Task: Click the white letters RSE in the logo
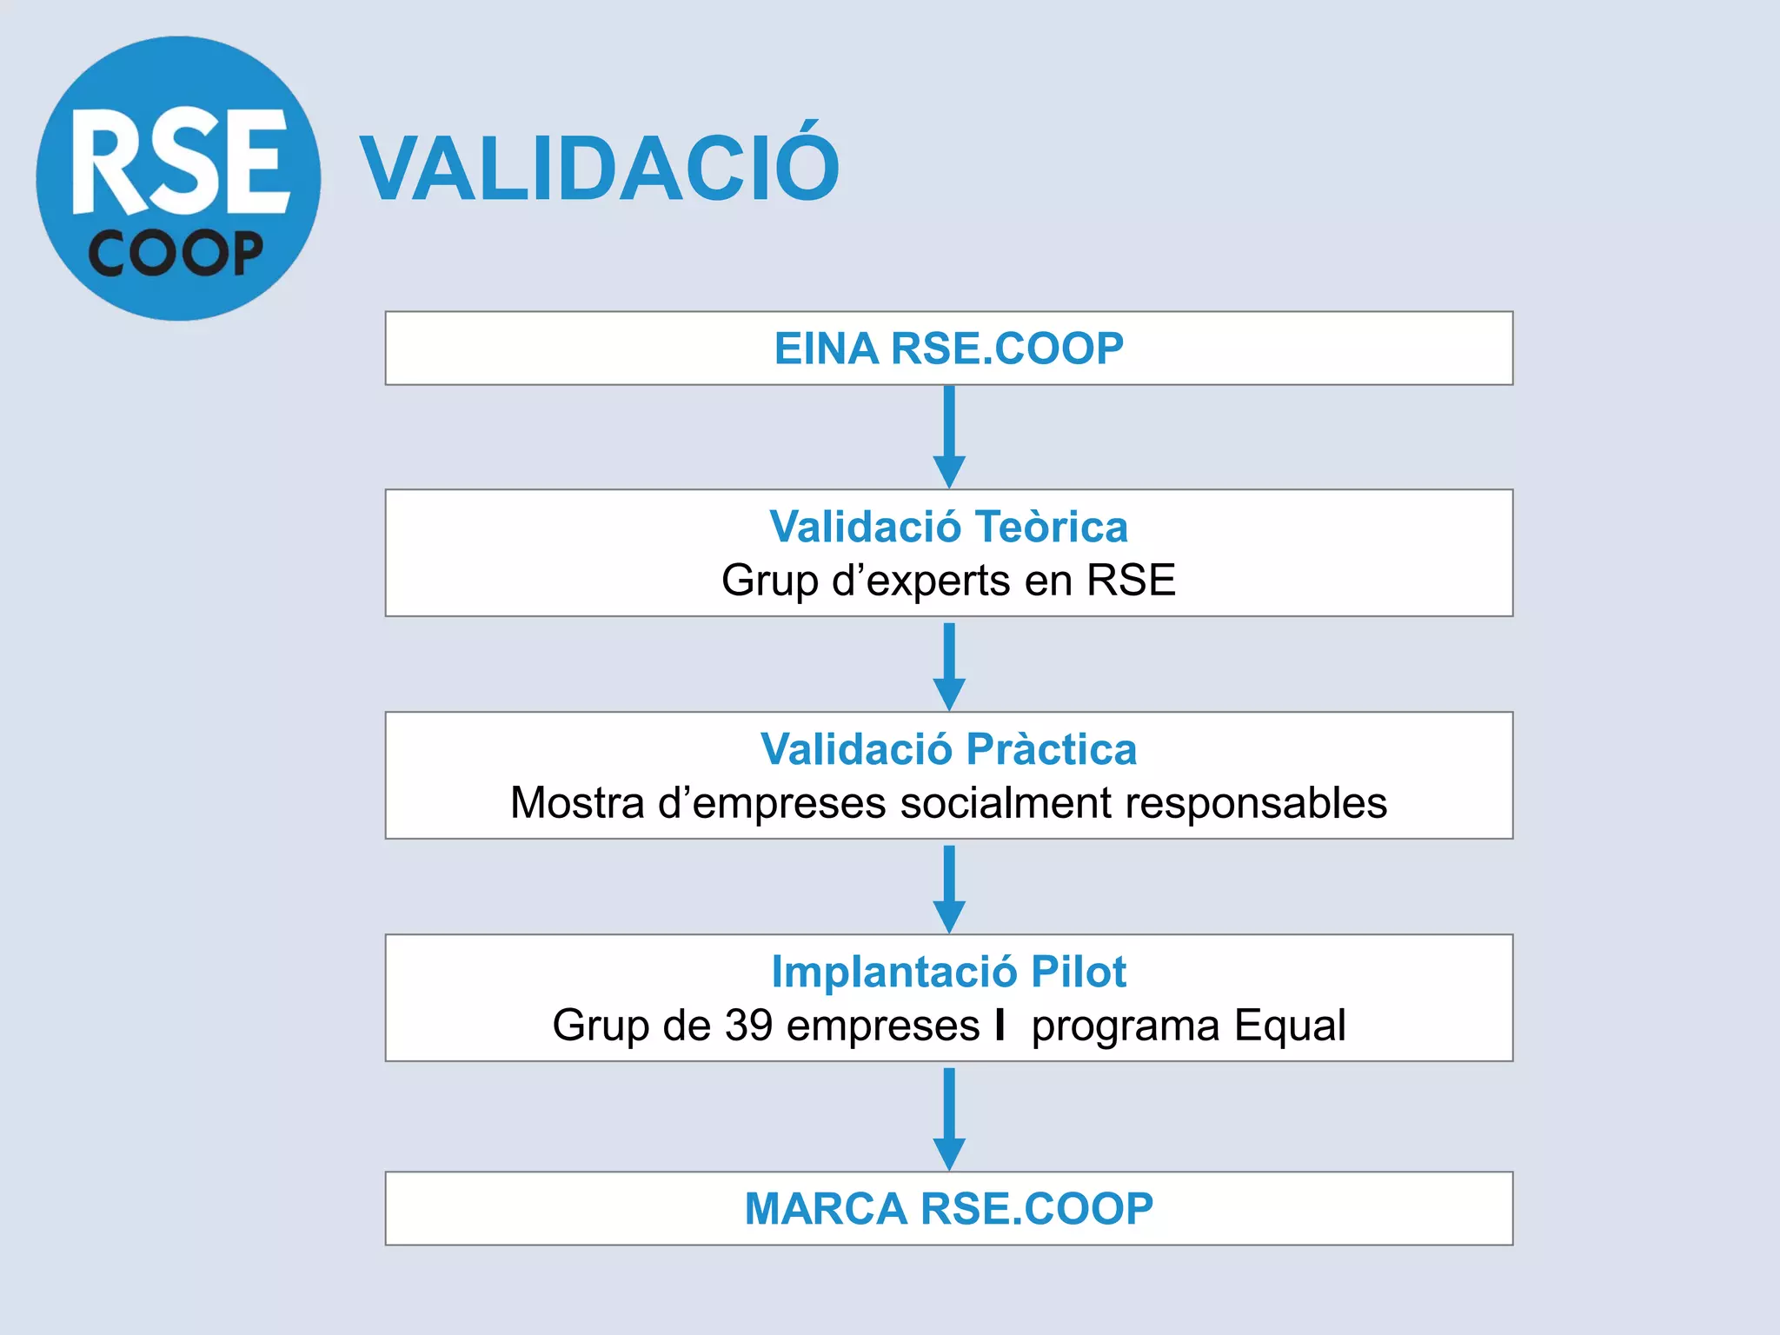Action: [179, 162]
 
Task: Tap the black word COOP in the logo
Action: [176, 254]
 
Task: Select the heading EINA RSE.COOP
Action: [948, 349]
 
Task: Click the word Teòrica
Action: [1051, 527]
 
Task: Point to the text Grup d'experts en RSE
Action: [948, 581]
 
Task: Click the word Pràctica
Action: [1051, 749]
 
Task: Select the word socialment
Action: [1006, 803]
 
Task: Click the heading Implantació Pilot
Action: [948, 972]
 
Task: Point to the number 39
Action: [748, 1026]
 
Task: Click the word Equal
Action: [1290, 1026]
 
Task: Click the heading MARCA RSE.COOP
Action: [948, 1209]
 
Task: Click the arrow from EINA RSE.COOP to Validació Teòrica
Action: [949, 436]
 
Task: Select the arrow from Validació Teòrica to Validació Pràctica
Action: [949, 666]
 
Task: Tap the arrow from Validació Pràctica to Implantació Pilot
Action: [949, 888]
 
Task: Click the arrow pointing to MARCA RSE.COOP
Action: [949, 1118]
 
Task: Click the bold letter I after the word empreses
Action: [1001, 1025]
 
